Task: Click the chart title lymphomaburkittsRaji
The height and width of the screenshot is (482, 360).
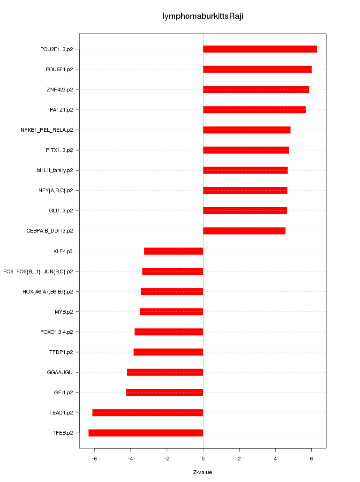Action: click(x=202, y=16)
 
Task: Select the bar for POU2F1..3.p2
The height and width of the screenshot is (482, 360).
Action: click(x=260, y=49)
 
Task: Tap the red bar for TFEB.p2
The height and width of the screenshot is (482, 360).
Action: click(x=146, y=433)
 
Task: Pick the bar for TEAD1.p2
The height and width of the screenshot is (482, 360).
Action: click(x=148, y=413)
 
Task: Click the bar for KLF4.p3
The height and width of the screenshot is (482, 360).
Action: click(x=173, y=251)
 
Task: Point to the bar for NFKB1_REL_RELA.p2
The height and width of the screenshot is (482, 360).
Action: click(x=247, y=130)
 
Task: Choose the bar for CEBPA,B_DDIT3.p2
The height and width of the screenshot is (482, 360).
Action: click(x=244, y=231)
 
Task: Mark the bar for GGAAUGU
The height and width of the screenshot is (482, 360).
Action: click(x=165, y=372)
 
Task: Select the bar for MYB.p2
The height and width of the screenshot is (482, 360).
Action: click(x=172, y=312)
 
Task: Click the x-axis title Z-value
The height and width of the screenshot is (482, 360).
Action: click(x=202, y=472)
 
